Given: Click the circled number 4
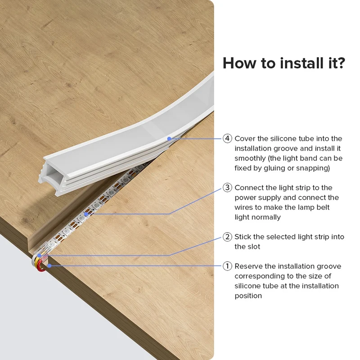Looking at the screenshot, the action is [227, 139].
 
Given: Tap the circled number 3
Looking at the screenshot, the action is [227, 188].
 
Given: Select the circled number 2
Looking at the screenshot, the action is [227, 237].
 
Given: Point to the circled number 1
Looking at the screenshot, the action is [227, 266].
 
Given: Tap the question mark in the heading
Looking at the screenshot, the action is [340, 63].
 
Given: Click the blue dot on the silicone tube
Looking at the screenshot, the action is [169, 139].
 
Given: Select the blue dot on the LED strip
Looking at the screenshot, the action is [86, 214].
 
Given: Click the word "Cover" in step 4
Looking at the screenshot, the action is [245, 139].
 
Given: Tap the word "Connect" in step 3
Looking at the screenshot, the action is [249, 188].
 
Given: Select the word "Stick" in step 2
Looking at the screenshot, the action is [243, 237].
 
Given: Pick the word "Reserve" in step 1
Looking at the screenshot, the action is [249, 266].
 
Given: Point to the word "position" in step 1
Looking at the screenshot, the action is [248, 296].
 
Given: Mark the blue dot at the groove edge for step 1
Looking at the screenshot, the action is [49, 266].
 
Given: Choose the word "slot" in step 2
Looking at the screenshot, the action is [255, 247].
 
